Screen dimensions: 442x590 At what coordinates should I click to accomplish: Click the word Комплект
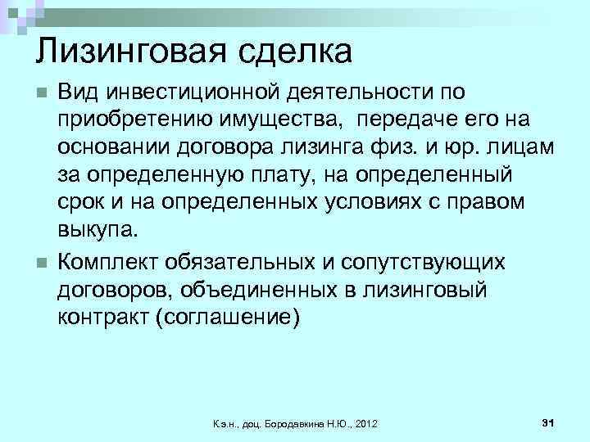(109, 263)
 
